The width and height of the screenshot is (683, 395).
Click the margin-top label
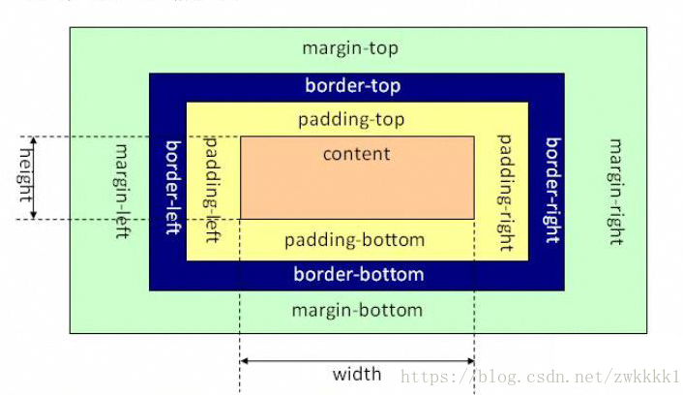[350, 48]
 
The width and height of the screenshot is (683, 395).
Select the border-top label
[353, 85]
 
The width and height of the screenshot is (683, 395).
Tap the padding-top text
[351, 119]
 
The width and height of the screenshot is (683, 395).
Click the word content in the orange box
[356, 154]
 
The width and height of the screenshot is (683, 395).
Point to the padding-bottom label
[355, 240]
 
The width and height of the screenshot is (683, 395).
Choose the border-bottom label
[359, 274]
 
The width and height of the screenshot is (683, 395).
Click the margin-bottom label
[357, 311]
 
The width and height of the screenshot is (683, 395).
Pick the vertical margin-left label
[123, 192]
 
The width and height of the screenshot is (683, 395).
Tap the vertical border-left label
[173, 188]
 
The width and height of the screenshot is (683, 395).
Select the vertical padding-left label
[212, 190]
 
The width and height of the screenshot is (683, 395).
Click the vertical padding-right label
[505, 193]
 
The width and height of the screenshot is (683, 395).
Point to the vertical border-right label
[553, 190]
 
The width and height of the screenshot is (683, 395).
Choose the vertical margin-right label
[616, 192]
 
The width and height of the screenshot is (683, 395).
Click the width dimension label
[357, 374]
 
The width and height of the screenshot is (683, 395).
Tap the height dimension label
[26, 175]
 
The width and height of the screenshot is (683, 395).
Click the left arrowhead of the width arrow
[243, 360]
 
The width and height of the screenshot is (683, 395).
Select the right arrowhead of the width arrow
[471, 360]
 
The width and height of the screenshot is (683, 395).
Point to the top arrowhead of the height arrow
[34, 139]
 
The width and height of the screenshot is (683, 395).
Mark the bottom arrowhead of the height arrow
[34, 216]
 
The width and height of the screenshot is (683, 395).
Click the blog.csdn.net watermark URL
[540, 377]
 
